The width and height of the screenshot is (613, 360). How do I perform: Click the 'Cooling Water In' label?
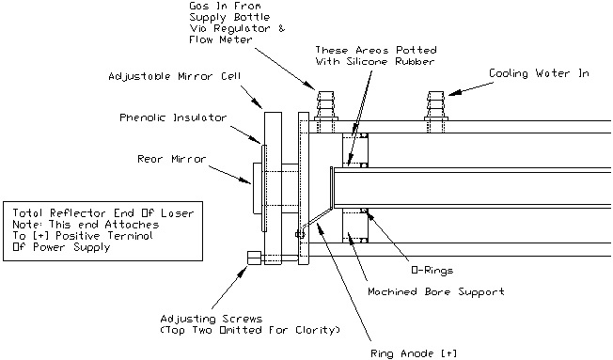click(539, 73)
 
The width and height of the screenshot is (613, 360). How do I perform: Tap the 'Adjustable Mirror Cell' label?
click(174, 76)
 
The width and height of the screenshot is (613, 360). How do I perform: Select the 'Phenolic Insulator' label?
click(173, 117)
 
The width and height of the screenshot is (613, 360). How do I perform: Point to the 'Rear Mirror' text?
click(171, 159)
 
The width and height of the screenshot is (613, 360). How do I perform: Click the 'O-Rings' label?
click(432, 270)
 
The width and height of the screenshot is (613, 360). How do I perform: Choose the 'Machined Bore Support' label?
click(436, 291)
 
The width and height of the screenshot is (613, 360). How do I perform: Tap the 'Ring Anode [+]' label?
click(414, 353)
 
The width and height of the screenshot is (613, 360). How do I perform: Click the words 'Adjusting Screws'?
click(212, 319)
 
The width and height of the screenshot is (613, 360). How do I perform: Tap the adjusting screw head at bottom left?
click(254, 258)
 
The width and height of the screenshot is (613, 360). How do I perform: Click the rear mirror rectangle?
click(259, 188)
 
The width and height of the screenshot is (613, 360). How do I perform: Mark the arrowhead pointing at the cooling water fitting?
click(454, 93)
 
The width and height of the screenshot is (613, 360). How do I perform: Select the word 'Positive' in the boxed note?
click(77, 236)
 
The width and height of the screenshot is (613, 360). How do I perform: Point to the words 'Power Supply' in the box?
click(71, 247)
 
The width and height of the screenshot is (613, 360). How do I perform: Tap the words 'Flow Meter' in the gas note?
click(221, 39)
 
